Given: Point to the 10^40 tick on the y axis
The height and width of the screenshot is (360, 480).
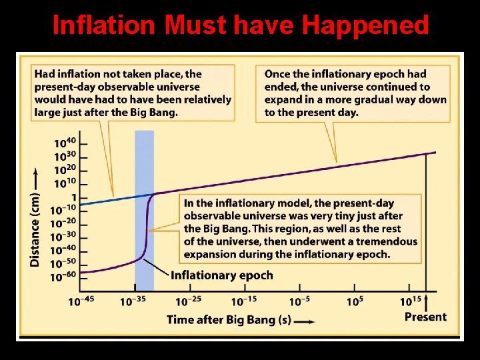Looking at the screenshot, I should coord(65,143).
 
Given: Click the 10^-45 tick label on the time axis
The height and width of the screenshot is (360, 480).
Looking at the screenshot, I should coord(81,301).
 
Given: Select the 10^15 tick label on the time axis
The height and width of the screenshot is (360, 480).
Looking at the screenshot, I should coord(410,301).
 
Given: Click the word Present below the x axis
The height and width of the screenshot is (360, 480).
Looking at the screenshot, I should coord(425,317).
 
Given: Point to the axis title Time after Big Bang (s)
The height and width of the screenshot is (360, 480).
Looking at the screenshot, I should coord(229,319).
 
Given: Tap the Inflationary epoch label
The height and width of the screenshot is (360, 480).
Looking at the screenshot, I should coord(221,275).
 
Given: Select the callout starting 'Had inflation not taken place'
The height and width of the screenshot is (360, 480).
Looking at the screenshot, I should coord(133,93).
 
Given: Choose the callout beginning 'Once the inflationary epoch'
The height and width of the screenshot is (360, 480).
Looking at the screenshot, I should coord(356,93).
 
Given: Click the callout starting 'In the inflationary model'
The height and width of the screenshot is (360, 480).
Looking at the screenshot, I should coord(300,229).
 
